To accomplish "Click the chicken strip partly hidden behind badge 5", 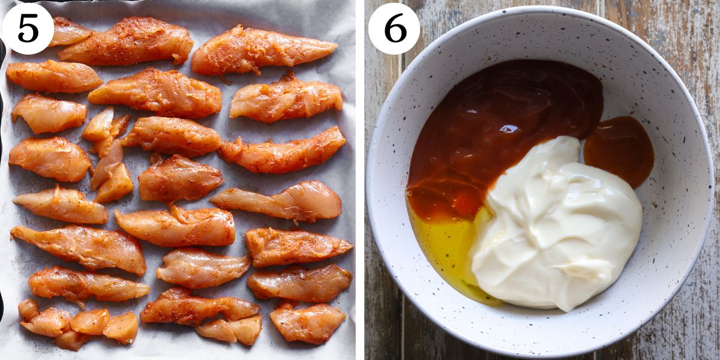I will [x=69, y=31].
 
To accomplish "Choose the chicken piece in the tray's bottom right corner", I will [x=307, y=323].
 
